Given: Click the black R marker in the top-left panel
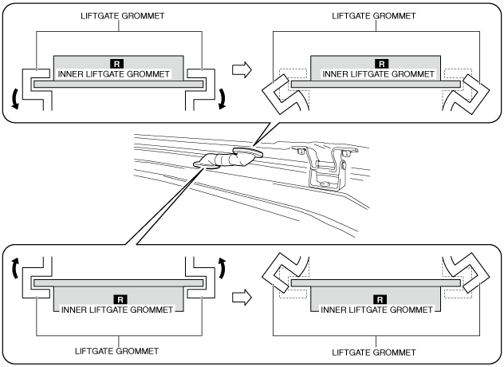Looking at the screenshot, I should click(118, 62).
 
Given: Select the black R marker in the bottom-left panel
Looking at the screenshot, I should click(118, 300).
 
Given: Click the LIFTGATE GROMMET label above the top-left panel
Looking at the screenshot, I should click(117, 14).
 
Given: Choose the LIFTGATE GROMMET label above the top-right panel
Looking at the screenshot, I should click(374, 14).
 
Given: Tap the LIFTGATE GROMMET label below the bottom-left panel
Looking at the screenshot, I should click(117, 351).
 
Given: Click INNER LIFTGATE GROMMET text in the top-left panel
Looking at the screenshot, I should click(118, 73).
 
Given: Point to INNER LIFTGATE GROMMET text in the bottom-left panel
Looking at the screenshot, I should click(118, 310).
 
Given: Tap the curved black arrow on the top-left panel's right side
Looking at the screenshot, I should click(222, 97).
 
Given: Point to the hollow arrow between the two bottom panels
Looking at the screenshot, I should click(240, 298).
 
